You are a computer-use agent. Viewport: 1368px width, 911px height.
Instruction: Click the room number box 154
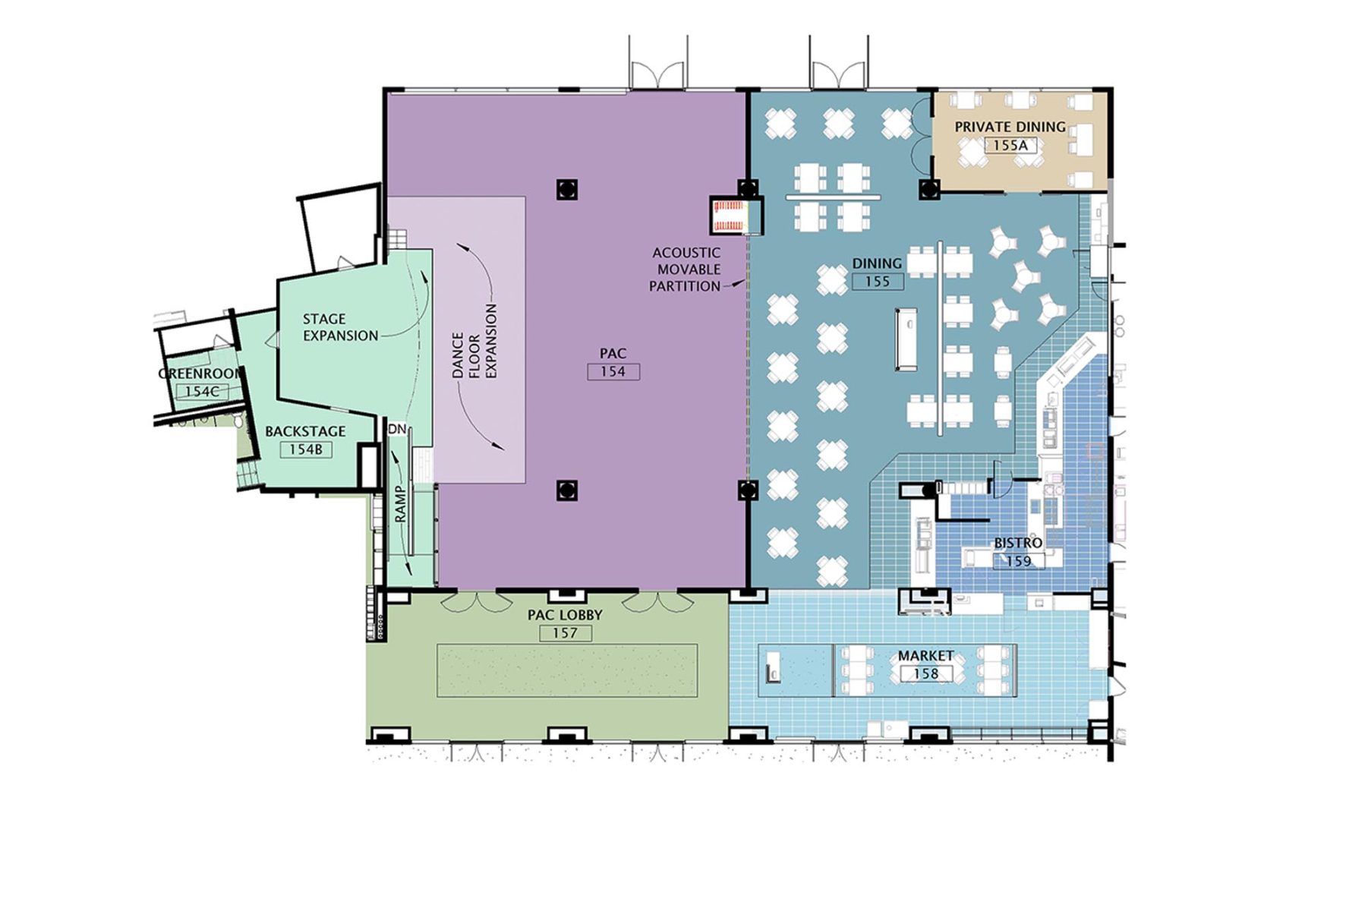pyautogui.click(x=613, y=371)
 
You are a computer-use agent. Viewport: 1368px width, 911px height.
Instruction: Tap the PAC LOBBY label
pyautogui.click(x=565, y=615)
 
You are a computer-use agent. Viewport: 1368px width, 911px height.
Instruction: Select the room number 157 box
pyautogui.click(x=565, y=632)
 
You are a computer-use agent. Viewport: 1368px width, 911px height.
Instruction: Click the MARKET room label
pyautogui.click(x=925, y=655)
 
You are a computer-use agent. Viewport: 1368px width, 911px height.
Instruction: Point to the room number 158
pyautogui.click(x=925, y=673)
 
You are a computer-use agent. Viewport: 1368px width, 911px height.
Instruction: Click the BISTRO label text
pyautogui.click(x=1017, y=544)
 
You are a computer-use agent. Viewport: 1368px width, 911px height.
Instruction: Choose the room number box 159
pyautogui.click(x=1018, y=561)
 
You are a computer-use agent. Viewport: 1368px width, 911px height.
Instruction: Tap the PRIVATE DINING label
pyautogui.click(x=1010, y=127)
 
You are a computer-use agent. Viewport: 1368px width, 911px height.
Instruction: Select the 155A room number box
pyautogui.click(x=1010, y=145)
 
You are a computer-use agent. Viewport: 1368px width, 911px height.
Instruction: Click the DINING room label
pyautogui.click(x=877, y=263)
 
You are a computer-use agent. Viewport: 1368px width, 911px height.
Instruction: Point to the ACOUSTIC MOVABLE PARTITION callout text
pyautogui.click(x=686, y=270)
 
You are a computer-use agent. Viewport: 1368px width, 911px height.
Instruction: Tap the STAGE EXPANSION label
pyautogui.click(x=339, y=327)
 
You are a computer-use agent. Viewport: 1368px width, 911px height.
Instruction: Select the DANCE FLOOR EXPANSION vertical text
pyautogui.click(x=474, y=343)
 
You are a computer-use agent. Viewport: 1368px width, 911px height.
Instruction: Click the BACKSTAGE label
pyautogui.click(x=305, y=431)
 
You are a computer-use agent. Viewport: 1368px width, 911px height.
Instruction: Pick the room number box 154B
pyautogui.click(x=305, y=449)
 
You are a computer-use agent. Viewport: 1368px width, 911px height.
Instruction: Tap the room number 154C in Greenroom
pyautogui.click(x=201, y=391)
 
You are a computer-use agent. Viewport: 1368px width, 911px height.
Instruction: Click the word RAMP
pyautogui.click(x=401, y=503)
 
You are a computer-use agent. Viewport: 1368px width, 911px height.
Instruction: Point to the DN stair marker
pyautogui.click(x=396, y=429)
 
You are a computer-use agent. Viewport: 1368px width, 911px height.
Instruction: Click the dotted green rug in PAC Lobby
pyautogui.click(x=566, y=670)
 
